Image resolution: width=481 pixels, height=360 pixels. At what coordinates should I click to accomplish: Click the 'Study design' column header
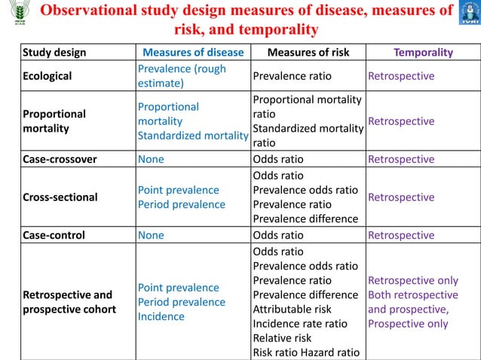point(54,53)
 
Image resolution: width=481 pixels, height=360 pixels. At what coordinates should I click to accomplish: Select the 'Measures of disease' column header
point(194,53)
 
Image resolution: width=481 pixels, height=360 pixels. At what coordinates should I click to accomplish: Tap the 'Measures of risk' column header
point(308,53)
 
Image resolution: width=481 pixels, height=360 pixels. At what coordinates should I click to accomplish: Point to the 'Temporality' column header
point(424,53)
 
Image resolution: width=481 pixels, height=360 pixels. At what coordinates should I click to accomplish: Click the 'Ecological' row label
point(47,76)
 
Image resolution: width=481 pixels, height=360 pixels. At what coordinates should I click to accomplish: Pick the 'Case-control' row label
point(54,235)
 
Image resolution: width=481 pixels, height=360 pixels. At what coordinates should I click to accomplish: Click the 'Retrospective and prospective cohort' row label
point(67,302)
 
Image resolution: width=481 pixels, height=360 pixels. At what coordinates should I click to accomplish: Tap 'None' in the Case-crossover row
point(151,159)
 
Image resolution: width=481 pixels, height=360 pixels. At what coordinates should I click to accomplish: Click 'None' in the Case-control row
point(151,235)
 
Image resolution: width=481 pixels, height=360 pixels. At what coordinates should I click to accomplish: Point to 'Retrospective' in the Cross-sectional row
point(401,197)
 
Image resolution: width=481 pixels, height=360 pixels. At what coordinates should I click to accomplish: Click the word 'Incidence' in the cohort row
point(161,316)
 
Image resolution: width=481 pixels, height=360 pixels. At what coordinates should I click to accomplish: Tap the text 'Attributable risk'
point(292,309)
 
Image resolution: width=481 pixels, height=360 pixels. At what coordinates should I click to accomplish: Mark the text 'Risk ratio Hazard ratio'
point(305,352)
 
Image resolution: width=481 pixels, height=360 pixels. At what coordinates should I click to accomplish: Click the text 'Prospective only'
point(408,324)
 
